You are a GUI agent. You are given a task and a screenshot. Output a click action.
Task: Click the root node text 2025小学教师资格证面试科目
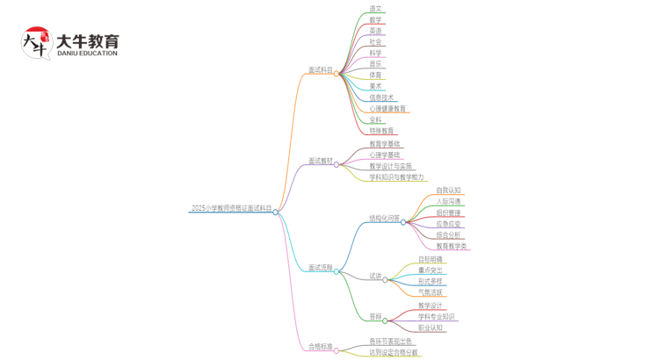231,209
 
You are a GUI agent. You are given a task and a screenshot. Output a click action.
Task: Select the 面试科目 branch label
321,70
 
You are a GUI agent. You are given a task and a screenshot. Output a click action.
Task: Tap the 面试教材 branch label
321,162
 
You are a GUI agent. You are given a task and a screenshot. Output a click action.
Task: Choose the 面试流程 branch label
321,268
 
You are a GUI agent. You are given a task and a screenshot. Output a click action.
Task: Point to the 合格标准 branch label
321,347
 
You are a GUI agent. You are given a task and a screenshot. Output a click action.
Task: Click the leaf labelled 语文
375,10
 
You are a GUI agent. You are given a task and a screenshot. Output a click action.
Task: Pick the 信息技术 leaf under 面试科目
381,98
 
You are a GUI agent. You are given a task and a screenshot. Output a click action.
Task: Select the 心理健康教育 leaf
387,109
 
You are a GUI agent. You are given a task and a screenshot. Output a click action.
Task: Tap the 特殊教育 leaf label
381,131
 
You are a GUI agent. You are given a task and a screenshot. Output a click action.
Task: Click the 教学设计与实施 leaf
390,166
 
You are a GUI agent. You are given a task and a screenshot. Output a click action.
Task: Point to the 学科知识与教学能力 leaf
396,177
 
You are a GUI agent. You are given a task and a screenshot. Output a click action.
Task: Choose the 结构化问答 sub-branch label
384,219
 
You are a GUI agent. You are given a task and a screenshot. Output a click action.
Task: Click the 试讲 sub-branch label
375,276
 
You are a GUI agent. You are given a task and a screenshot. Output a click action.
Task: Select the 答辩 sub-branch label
375,317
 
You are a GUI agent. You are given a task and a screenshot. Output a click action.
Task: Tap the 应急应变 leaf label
448,224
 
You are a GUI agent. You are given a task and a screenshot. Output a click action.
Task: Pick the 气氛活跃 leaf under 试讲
431,292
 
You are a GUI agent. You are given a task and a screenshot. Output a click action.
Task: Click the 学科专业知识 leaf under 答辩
436,317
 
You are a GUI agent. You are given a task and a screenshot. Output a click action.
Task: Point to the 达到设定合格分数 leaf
394,353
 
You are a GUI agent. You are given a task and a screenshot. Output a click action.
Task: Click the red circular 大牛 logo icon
36,42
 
